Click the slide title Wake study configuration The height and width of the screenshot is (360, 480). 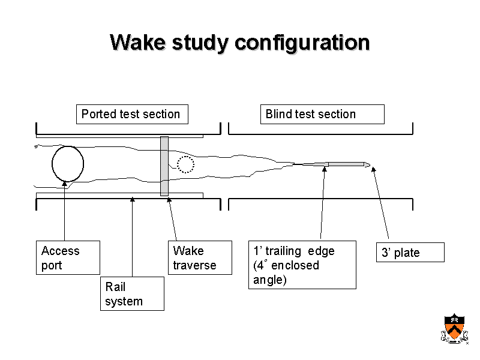239,43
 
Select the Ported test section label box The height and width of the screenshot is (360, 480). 131,114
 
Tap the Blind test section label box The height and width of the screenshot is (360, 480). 322,114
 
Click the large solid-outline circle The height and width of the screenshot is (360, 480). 67,163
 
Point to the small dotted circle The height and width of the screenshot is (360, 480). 186,164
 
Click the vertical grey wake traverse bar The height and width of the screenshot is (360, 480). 164,166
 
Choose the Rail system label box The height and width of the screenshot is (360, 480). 132,293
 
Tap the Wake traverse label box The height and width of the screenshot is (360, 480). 201,257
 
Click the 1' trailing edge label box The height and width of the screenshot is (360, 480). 302,265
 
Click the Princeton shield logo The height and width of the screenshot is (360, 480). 455,329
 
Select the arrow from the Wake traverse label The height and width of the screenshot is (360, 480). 172,218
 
